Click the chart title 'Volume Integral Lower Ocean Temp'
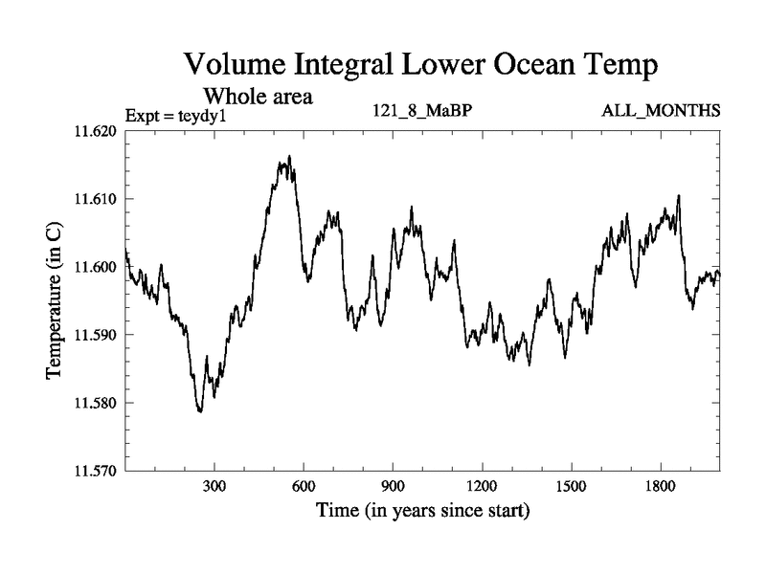coord(421,66)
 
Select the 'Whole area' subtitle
coord(259,96)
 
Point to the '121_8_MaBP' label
coord(422,111)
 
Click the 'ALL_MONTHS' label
coord(661,111)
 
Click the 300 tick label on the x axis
coord(214,486)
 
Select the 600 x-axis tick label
coord(304,486)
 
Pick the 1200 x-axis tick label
coord(482,486)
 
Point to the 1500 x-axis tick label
coord(571,486)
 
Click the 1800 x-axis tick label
coord(660,486)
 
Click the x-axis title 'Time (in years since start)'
coord(422,511)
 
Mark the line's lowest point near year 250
coord(200,411)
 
